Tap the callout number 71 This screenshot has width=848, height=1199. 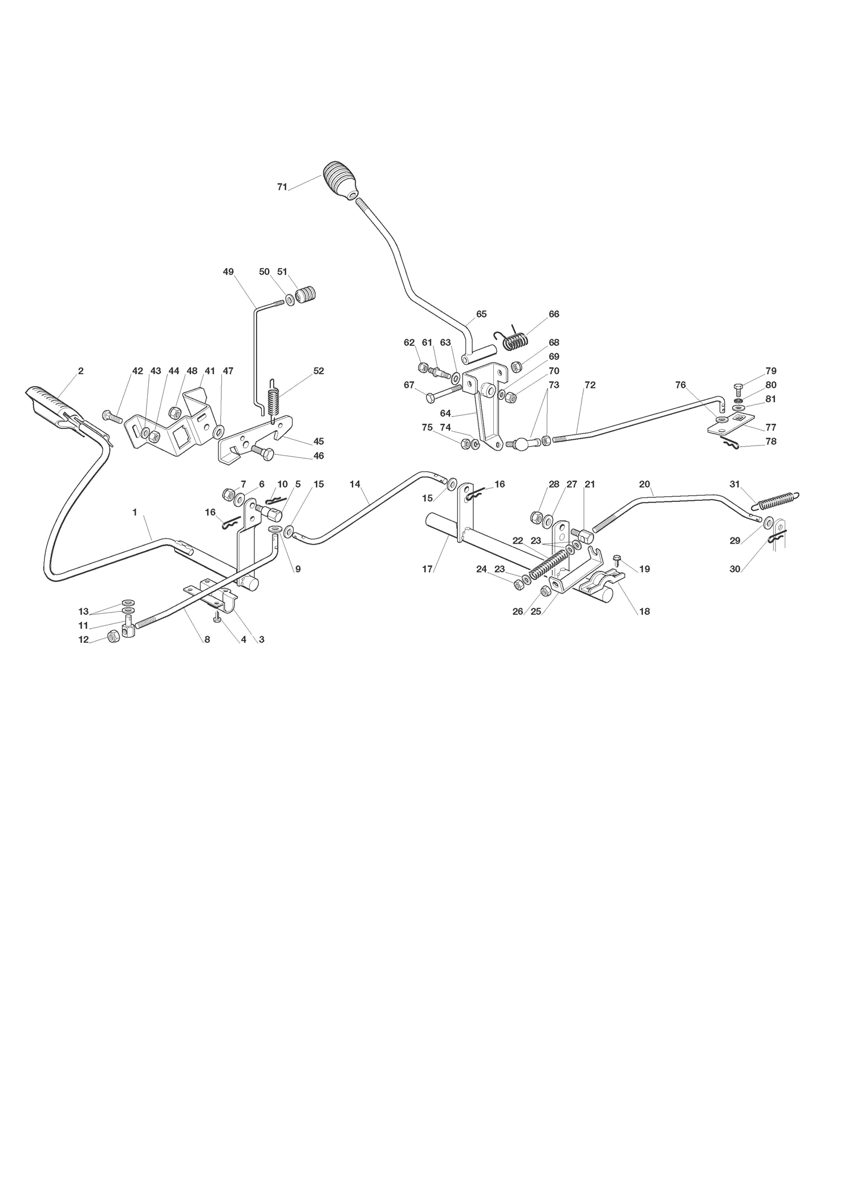[x=282, y=187]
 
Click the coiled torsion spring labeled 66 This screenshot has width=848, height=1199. [x=515, y=338]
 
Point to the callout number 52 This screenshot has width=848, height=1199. [x=318, y=371]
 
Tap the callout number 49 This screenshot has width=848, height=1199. [x=228, y=272]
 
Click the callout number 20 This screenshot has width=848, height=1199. [x=644, y=484]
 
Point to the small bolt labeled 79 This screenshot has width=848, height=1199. [x=738, y=391]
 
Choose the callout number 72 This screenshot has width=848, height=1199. [x=590, y=385]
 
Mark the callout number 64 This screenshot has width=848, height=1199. [x=445, y=414]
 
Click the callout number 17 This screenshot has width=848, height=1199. [x=427, y=569]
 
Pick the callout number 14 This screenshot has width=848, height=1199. [x=355, y=484]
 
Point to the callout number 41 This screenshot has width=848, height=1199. [x=210, y=371]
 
